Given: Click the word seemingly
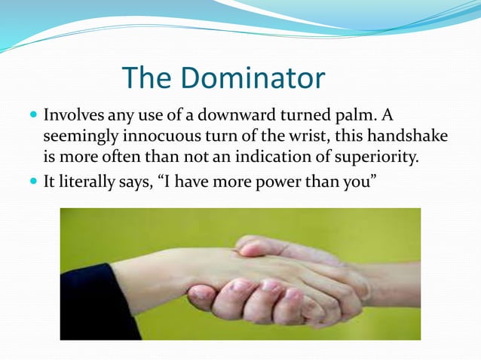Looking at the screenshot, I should pos(75,138).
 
